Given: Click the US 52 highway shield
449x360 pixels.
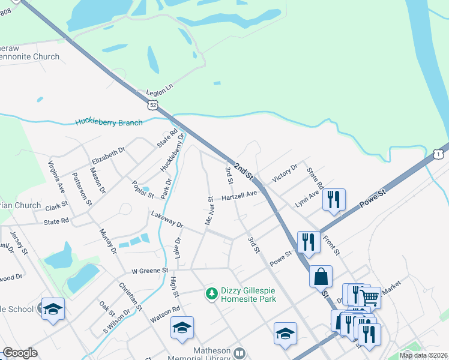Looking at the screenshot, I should click(154, 105).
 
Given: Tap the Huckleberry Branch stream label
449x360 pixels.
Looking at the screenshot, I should click(109, 122).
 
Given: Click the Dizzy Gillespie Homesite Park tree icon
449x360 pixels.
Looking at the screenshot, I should click(211, 293).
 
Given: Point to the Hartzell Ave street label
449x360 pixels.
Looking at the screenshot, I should click(239, 196).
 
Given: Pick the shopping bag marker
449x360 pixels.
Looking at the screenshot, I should click(321, 277).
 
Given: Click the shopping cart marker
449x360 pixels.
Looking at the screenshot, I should click(370, 296).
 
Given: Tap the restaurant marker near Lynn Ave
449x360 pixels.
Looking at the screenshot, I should click(334, 200).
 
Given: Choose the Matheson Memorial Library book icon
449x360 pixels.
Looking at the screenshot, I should click(240, 353).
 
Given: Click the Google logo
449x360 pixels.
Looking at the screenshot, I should click(20, 353).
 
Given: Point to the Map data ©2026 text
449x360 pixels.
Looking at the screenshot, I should click(423, 355).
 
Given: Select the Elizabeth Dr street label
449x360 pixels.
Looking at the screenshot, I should click(108, 155).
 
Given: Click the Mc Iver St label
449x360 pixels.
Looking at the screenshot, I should click(209, 210).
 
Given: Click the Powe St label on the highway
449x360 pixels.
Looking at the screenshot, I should click(373, 197).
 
